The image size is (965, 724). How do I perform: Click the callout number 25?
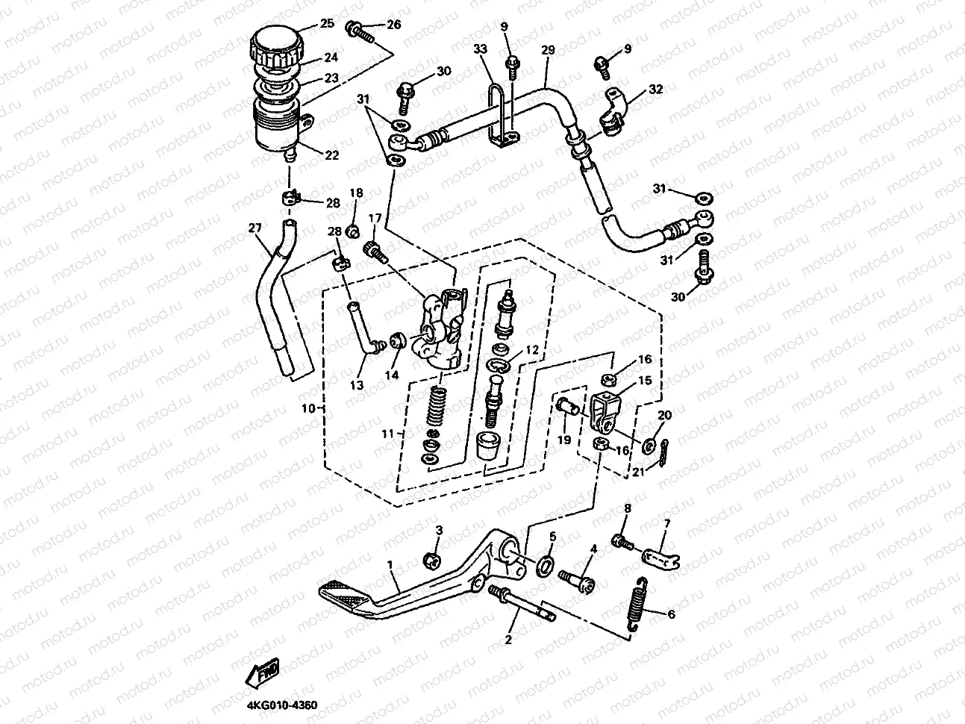click(327, 23)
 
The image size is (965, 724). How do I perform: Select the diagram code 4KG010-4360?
click(282, 705)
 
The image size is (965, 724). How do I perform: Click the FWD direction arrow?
click(263, 672)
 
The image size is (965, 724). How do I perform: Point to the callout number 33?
click(480, 49)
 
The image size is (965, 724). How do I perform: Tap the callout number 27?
click(255, 228)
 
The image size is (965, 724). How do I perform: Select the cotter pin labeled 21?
click(664, 453)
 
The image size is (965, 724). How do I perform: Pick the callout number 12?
click(532, 349)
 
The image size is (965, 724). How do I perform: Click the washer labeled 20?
click(649, 446)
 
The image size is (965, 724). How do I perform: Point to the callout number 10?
click(308, 408)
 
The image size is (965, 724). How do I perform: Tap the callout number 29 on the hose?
click(548, 50)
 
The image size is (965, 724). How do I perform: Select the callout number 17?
click(375, 218)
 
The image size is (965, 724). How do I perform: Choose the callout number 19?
click(564, 440)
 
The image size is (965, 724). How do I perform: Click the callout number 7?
click(667, 523)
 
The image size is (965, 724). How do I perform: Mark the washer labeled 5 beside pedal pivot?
click(545, 566)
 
